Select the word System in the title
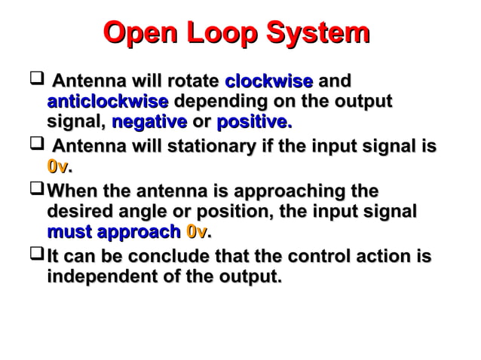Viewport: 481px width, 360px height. coord(322,34)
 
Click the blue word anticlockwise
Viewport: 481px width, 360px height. coord(107,101)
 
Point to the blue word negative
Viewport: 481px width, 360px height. coord(149,121)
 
